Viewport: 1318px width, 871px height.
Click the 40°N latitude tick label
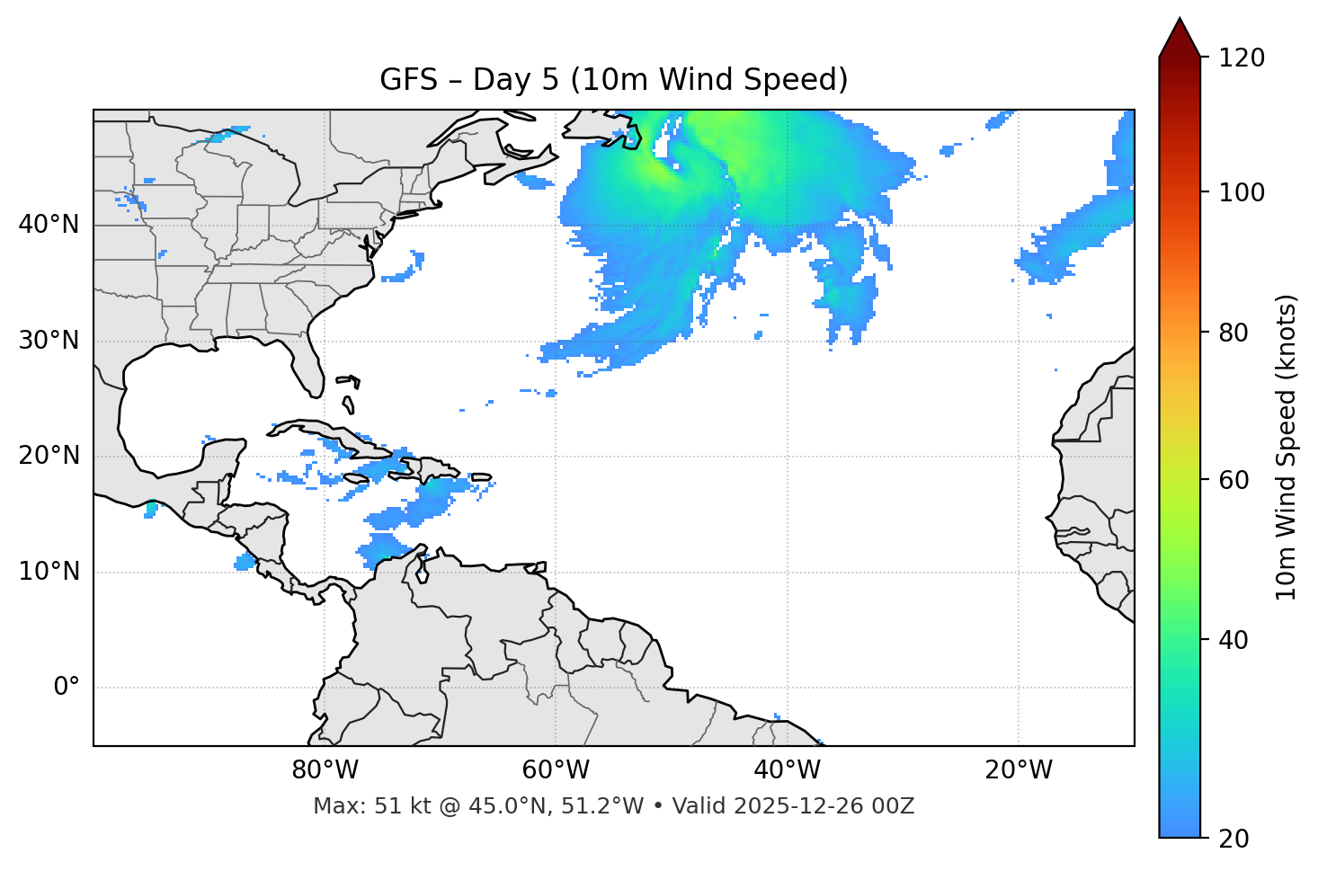(x=49, y=225)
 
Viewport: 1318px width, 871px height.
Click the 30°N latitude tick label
(x=49, y=341)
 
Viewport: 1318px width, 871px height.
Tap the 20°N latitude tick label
(x=49, y=457)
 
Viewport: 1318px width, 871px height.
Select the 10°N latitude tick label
(x=49, y=572)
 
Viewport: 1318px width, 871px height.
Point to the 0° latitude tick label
(x=67, y=688)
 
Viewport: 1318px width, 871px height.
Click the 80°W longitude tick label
(x=325, y=770)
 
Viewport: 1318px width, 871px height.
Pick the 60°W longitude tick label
(x=556, y=770)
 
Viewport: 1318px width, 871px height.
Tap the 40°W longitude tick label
(x=787, y=770)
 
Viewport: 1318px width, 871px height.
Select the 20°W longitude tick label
(x=1019, y=770)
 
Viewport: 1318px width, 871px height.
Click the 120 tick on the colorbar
(x=1241, y=58)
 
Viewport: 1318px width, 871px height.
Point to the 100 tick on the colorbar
(x=1241, y=192)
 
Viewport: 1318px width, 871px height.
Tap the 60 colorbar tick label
(x=1234, y=480)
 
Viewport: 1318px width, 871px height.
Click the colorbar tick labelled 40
(x=1234, y=640)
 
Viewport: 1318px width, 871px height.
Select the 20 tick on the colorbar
(x=1234, y=839)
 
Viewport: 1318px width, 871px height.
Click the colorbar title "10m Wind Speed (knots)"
(x=1287, y=447)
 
